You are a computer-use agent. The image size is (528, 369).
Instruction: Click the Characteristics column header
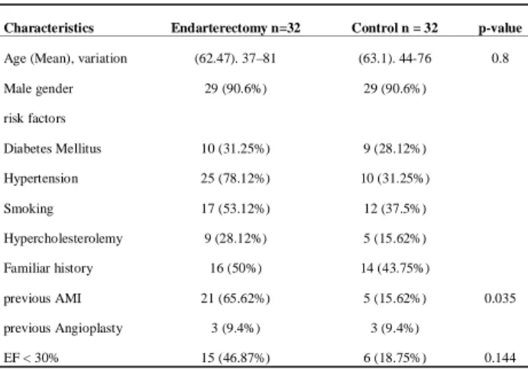[49, 28]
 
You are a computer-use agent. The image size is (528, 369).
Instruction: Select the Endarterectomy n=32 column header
[235, 28]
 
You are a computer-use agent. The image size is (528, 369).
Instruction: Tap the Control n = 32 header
[394, 28]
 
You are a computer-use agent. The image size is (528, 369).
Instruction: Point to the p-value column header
[500, 28]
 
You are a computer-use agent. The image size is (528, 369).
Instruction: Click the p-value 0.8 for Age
[500, 58]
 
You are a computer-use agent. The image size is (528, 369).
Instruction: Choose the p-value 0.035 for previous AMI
[500, 298]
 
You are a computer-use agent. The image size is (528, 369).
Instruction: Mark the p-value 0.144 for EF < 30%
[500, 358]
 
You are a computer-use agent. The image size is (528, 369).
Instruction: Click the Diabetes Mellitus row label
[53, 148]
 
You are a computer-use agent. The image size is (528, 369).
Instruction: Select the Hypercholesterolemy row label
[63, 239]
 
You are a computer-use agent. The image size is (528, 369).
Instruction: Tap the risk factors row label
[34, 118]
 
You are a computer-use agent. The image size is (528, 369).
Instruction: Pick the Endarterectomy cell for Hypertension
[235, 179]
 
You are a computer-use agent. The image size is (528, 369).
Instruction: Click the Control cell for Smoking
[395, 209]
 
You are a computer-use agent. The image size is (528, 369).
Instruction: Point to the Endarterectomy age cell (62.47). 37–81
[235, 59]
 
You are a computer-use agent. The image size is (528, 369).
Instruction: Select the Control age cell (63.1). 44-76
[395, 59]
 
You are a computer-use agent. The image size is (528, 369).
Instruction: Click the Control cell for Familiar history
[395, 268]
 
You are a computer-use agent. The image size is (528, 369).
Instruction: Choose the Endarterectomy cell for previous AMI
[235, 298]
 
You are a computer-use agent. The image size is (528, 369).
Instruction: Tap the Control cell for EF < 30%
[395, 358]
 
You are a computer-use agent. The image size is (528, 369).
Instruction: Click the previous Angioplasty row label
[63, 329]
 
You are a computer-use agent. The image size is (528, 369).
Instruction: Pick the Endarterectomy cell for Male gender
[235, 89]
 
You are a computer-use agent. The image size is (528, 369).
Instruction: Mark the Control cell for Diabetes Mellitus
[395, 149]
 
